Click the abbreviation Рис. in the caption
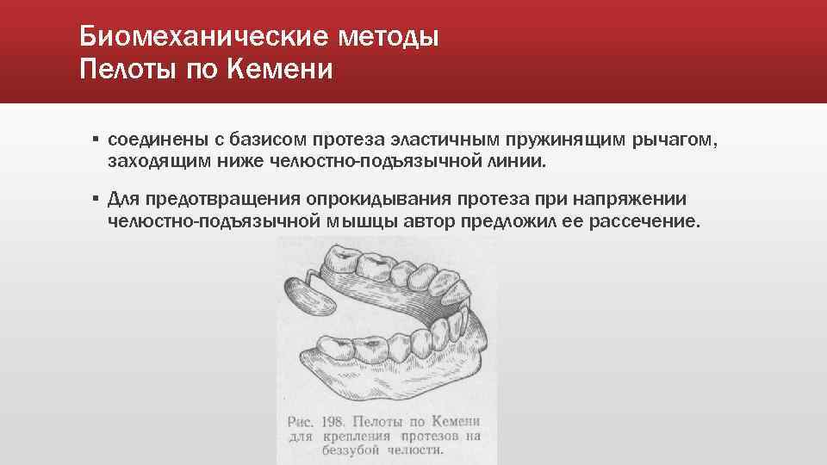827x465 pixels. (302, 421)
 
